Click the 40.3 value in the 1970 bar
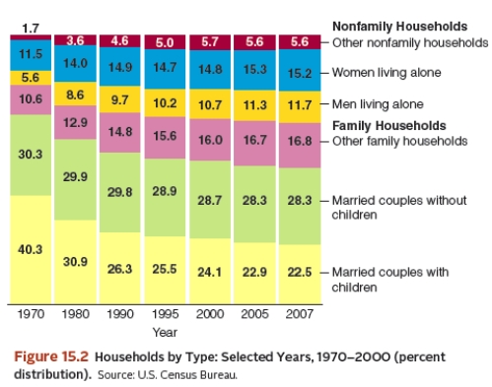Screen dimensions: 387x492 pyautogui.click(x=31, y=249)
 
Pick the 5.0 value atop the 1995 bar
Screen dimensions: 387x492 pyautogui.click(x=165, y=42)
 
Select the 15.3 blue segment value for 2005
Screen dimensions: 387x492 pyautogui.click(x=254, y=69)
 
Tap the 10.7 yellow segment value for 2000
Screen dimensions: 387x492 pyautogui.click(x=210, y=103)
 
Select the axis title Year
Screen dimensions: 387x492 pyautogui.click(x=165, y=332)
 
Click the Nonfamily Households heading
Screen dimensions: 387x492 pyautogui.click(x=399, y=27)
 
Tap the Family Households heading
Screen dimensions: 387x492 pyautogui.click(x=388, y=126)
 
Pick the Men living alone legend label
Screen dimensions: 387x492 pyautogui.click(x=378, y=103)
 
